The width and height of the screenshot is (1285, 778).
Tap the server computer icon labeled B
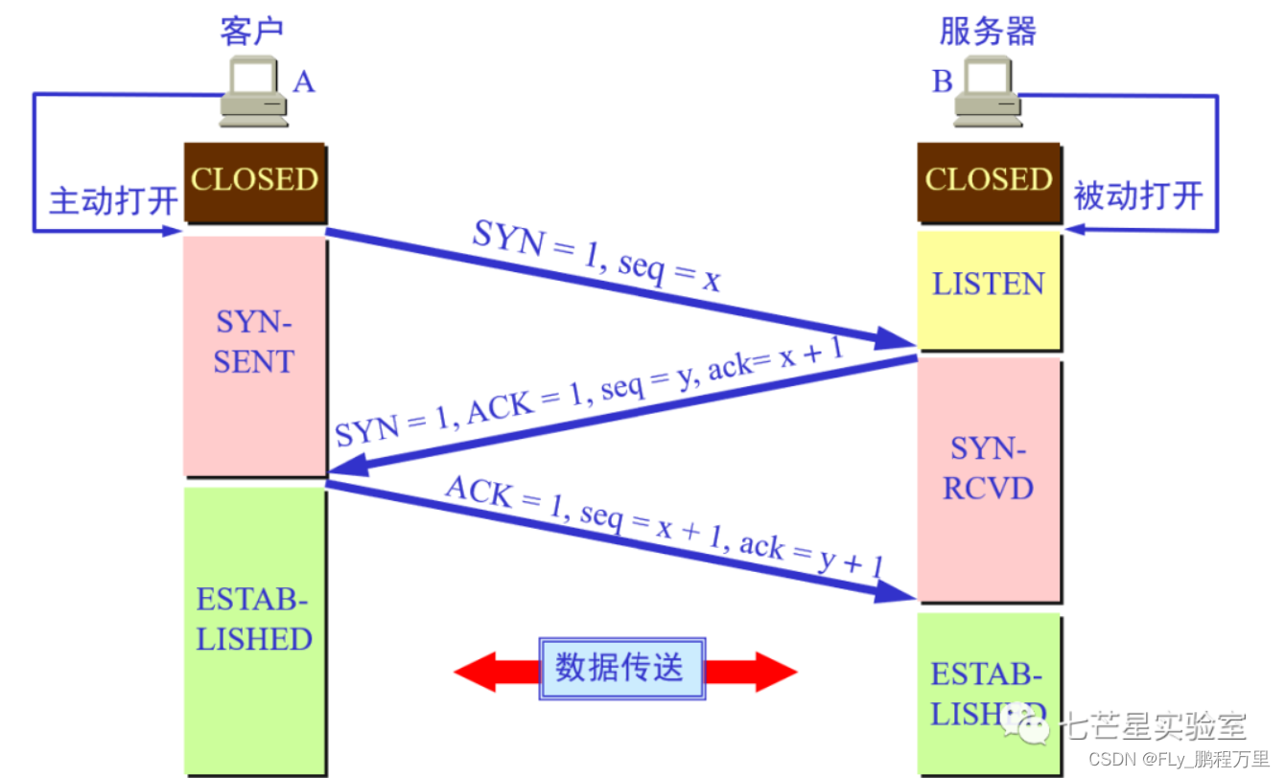988,93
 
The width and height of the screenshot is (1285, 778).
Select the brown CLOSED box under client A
254,181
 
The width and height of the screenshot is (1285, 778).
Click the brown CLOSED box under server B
989,181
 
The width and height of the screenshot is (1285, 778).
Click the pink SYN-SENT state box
254,355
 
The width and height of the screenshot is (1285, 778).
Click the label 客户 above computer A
251,31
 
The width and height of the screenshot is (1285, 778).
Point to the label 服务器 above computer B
988,31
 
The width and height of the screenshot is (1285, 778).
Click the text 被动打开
1138,196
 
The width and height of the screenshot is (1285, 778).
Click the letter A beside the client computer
304,82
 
